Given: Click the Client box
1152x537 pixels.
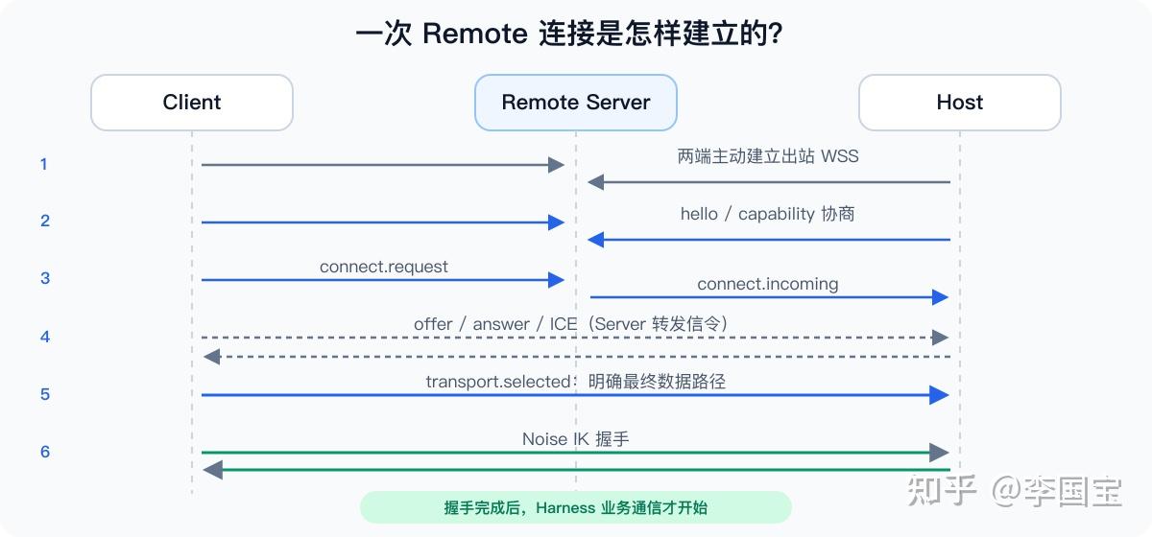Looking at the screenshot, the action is [192, 103].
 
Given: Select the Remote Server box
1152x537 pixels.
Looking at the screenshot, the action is [575, 103].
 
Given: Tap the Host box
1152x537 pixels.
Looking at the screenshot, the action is [960, 103].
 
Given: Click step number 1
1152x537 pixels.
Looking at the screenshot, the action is [44, 164].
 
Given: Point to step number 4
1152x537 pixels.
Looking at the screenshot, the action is [45, 338].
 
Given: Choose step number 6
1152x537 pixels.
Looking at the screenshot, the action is [45, 452].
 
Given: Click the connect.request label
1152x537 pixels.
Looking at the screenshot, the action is [384, 267].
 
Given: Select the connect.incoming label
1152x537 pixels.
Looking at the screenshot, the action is [767, 284].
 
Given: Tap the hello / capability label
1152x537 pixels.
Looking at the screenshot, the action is [751, 214].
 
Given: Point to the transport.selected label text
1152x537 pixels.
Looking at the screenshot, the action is [498, 382].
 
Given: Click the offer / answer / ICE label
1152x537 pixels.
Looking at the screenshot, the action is [495, 324].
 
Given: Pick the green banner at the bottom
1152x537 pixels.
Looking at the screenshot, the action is [575, 507].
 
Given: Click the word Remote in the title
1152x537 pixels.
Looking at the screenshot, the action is [474, 34].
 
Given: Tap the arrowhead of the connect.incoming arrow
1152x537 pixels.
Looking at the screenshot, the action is [940, 297].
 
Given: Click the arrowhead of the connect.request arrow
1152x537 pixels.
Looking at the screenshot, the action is [557, 280].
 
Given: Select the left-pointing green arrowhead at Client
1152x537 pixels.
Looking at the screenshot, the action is [213, 470].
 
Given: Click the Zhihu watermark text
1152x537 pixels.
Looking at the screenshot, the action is [1014, 491].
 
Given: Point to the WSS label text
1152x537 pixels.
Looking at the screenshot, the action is [840, 156].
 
